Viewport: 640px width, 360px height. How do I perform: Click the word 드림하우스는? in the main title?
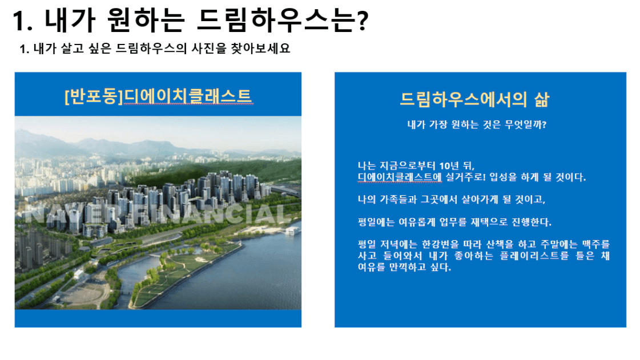click(283, 20)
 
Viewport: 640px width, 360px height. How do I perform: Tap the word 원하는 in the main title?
click(146, 20)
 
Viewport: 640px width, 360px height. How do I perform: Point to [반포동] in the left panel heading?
click(94, 96)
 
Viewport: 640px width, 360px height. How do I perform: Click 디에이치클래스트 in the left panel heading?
click(188, 96)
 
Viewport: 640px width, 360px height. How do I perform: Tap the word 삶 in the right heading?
click(542, 99)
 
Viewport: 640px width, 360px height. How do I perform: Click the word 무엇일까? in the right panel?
click(525, 124)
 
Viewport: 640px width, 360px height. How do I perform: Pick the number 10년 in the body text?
click(449, 166)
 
